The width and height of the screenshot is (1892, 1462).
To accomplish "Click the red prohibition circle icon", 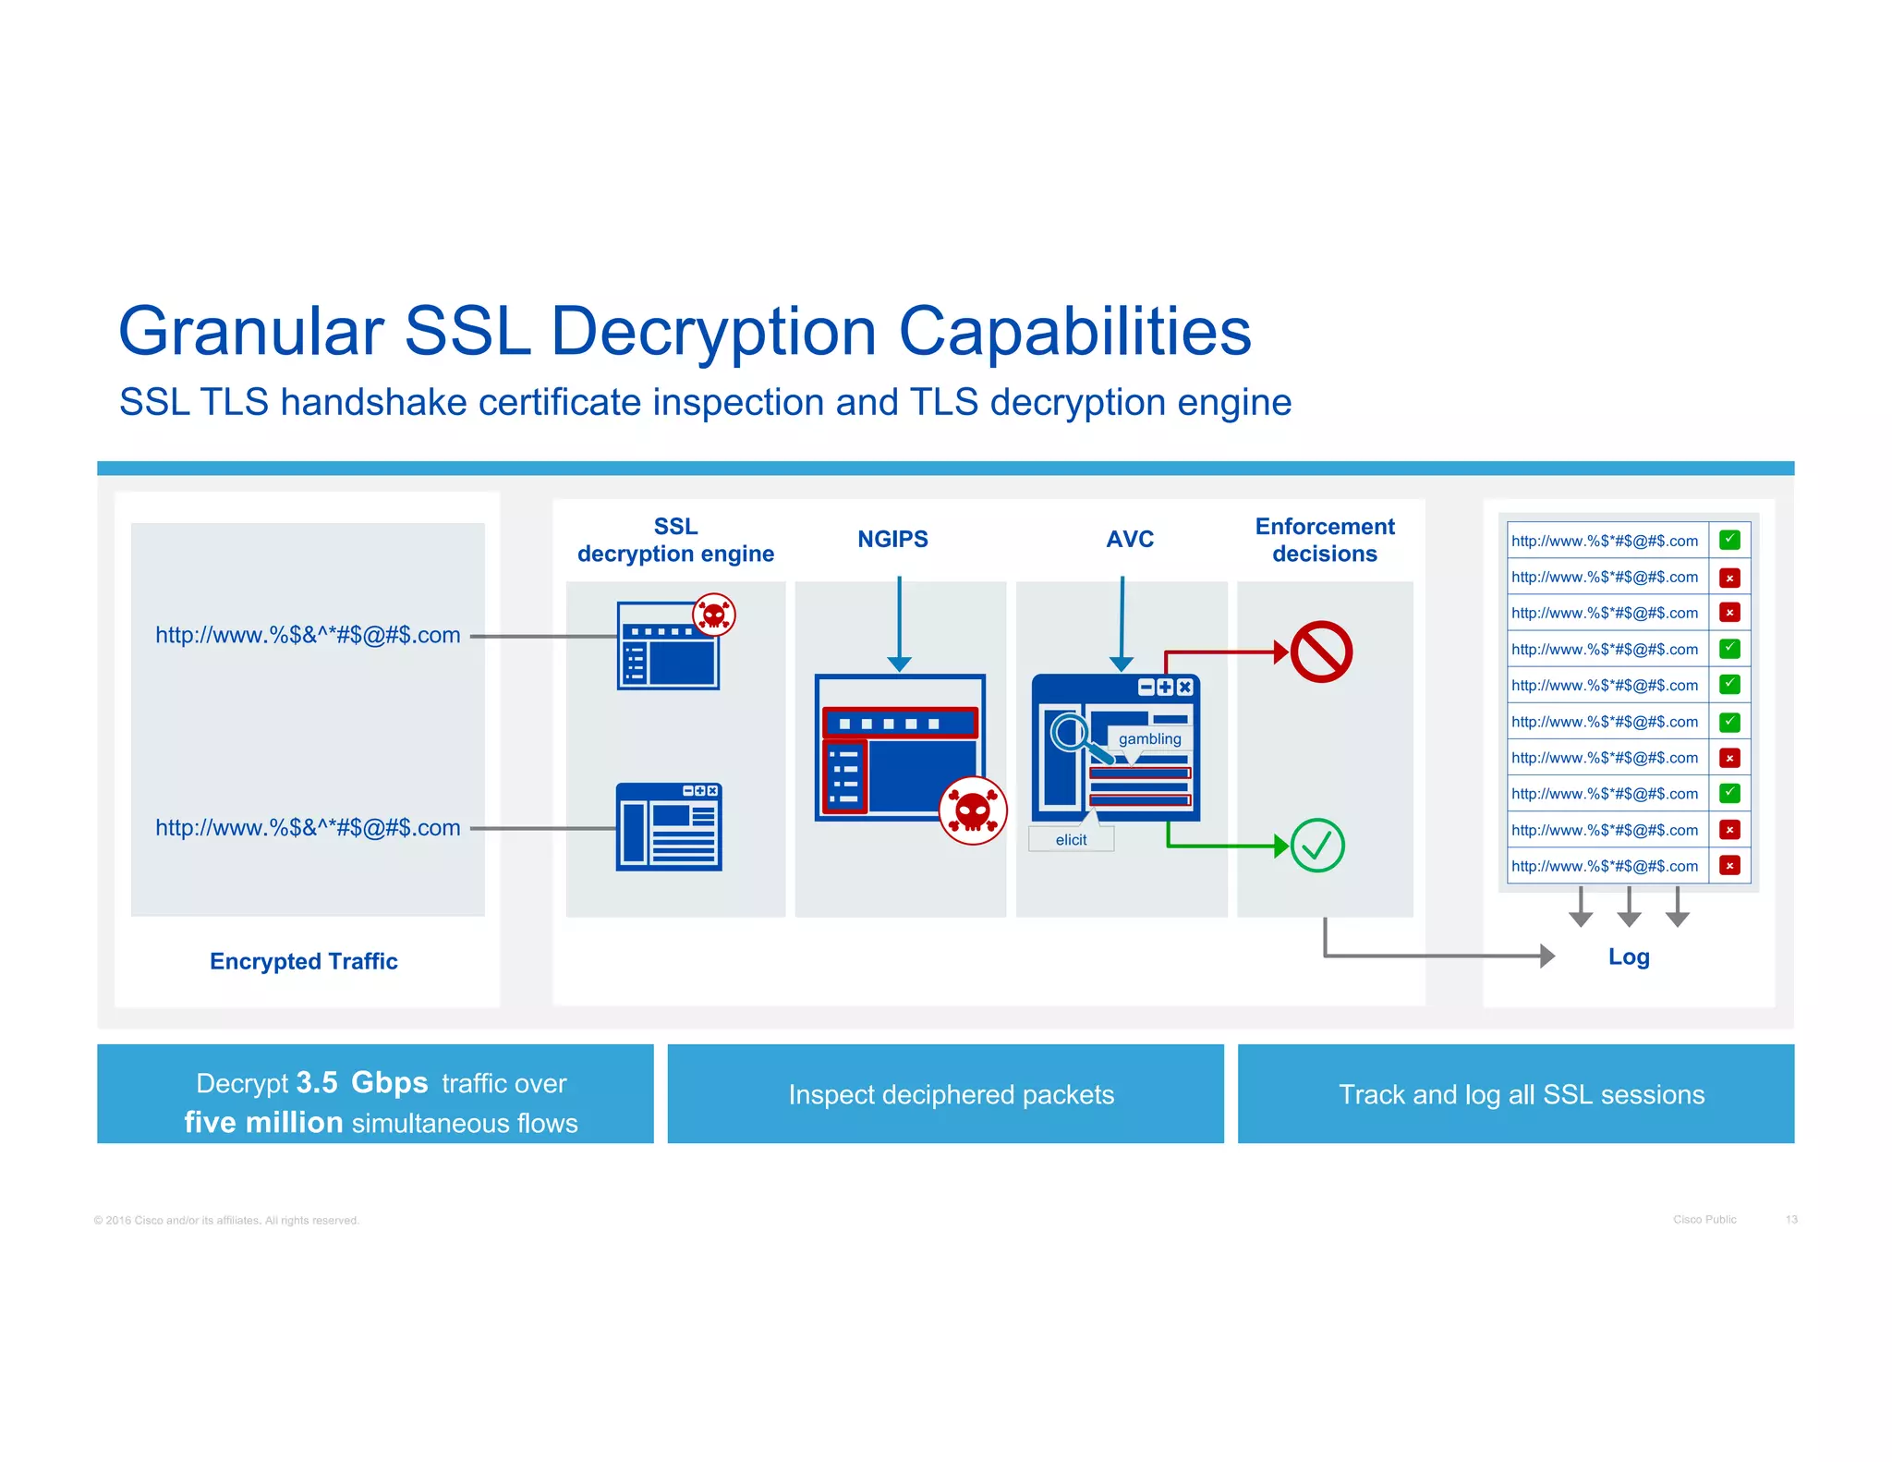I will tap(1321, 652).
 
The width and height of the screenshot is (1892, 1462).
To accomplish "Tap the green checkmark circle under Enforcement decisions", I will tap(1316, 845).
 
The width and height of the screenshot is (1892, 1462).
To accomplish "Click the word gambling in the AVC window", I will tap(1149, 738).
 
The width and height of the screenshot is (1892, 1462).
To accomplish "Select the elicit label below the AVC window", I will tap(1071, 839).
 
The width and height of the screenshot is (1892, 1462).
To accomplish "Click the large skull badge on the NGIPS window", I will tap(972, 810).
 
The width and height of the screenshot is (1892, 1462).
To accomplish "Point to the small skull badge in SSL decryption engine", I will tap(714, 615).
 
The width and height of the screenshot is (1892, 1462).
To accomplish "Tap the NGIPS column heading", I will tap(892, 539).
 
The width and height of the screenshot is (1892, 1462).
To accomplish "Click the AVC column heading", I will tap(1130, 539).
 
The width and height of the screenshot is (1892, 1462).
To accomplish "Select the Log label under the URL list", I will tap(1628, 956).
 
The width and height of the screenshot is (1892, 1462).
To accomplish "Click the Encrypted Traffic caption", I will tap(303, 961).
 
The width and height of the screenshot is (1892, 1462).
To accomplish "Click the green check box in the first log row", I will tap(1729, 540).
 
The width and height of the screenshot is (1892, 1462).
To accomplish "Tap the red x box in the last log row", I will tap(1729, 865).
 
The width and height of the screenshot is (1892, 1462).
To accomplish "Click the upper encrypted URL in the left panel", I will tap(308, 635).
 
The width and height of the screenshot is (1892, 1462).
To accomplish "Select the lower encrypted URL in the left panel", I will tap(308, 827).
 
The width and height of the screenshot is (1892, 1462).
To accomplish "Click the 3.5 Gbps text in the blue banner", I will tap(361, 1082).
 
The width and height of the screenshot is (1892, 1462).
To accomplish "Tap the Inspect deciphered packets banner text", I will tap(951, 1094).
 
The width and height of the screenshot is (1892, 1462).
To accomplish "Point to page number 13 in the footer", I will tap(1790, 1219).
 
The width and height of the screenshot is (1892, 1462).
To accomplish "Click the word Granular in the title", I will tap(250, 331).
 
